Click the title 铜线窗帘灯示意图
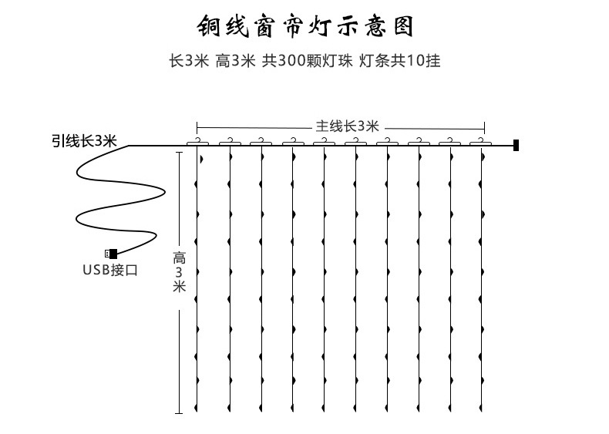coord(304,25)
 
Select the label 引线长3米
coord(84,140)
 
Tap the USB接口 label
coord(110,270)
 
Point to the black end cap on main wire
coord(516,144)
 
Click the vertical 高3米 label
coord(179,272)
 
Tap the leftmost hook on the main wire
coord(198,141)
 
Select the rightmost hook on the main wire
coord(482,141)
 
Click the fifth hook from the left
coord(325,141)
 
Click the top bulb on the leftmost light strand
coord(200,159)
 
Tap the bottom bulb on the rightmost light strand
coord(481,407)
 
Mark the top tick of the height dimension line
coord(179,152)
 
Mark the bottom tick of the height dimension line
coord(179,414)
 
